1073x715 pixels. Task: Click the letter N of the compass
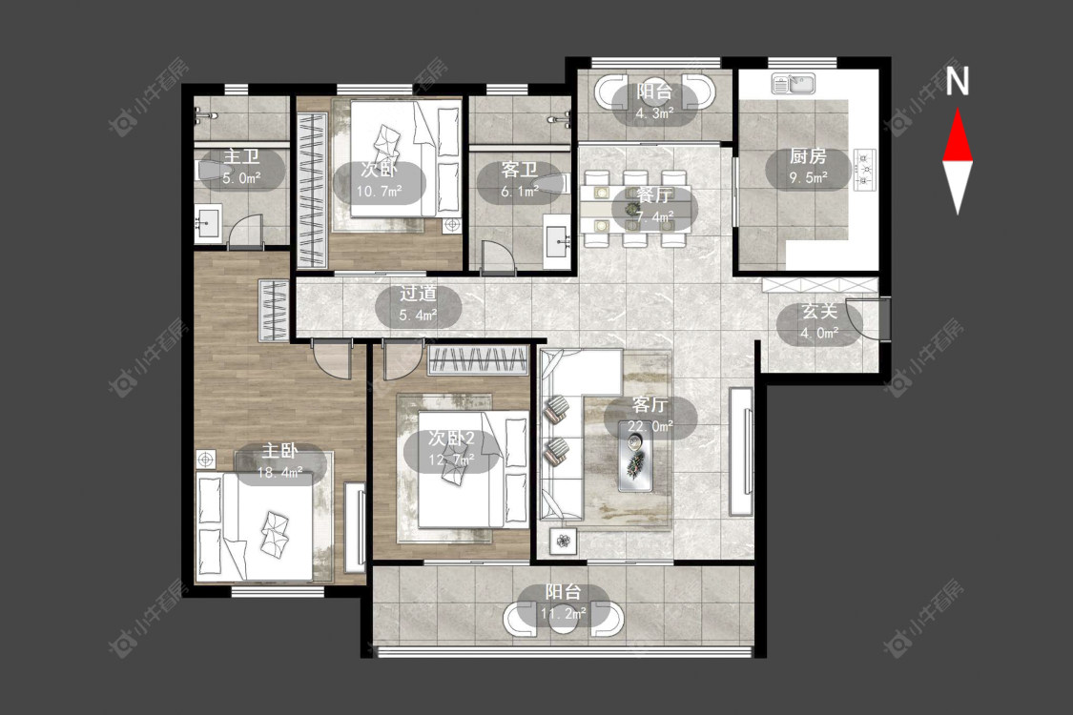958,80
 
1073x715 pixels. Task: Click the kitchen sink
794,84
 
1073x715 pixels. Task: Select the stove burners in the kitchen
864,170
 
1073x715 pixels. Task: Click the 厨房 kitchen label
808,156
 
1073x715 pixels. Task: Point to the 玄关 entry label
819,312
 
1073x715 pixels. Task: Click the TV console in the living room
741,452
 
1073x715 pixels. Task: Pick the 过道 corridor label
418,294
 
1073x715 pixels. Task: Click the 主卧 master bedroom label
279,451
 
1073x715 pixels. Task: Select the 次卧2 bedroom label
451,438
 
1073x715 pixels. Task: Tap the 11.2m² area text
563,613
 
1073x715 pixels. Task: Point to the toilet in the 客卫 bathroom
552,184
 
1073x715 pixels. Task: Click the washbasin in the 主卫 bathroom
207,223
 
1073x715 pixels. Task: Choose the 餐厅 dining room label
653,195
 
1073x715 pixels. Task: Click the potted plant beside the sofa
563,541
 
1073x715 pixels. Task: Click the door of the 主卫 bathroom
246,231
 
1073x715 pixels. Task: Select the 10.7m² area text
379,191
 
